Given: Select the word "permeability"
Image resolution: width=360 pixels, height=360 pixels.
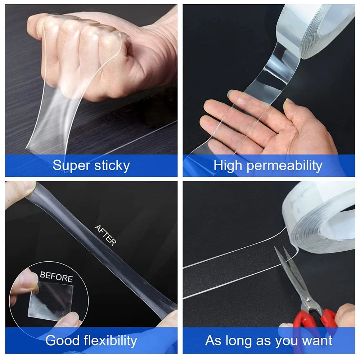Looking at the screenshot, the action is [284, 166].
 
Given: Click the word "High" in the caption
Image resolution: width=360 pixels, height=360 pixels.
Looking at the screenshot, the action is [228, 166].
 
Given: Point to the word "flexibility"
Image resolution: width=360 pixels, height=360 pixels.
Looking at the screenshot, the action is [111, 341].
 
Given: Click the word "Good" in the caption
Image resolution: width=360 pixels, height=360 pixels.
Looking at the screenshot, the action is [62, 340].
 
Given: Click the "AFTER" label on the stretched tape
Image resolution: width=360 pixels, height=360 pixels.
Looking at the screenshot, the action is [105, 235].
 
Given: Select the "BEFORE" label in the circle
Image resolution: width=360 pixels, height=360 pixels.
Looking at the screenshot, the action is [57, 276].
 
